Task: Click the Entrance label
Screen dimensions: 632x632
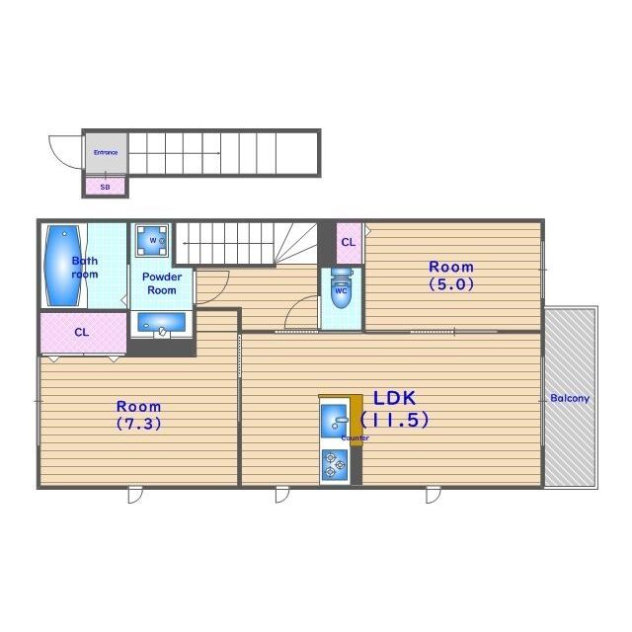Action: pos(106,152)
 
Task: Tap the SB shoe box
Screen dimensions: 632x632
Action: pos(106,187)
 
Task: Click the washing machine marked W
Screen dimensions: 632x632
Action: pos(152,241)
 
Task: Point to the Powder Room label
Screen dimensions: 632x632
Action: pos(162,283)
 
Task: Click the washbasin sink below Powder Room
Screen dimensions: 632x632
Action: pos(162,323)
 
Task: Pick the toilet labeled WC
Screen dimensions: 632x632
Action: pos(342,288)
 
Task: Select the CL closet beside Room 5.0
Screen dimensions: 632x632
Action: pos(349,243)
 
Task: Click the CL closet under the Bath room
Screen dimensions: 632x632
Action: pos(83,333)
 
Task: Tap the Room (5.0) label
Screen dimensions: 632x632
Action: pos(451,276)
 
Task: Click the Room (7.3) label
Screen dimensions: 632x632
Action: pos(138,415)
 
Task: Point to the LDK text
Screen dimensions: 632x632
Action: pos(394,398)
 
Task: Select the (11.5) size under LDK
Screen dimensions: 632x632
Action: pos(394,420)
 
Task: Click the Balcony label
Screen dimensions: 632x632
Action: pos(570,399)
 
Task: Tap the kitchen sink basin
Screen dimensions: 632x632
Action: pos(334,421)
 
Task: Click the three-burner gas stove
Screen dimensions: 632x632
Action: pos(334,465)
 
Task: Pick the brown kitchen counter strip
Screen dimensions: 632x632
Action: pos(356,421)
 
